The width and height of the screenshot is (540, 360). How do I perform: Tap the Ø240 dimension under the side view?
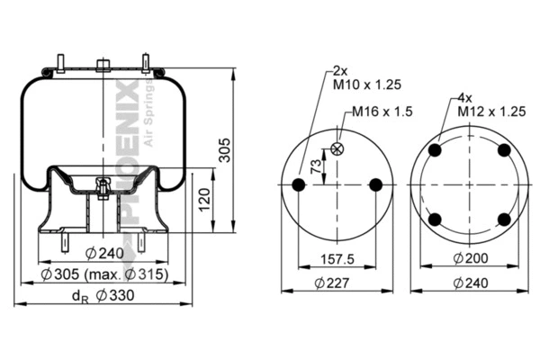[104, 253]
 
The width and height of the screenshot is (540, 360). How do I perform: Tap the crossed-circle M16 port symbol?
[338, 149]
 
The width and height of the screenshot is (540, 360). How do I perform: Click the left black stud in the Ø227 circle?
[299, 185]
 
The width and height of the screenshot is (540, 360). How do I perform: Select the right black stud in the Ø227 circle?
[376, 185]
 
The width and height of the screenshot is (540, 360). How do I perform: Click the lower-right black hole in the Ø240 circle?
[503, 220]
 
